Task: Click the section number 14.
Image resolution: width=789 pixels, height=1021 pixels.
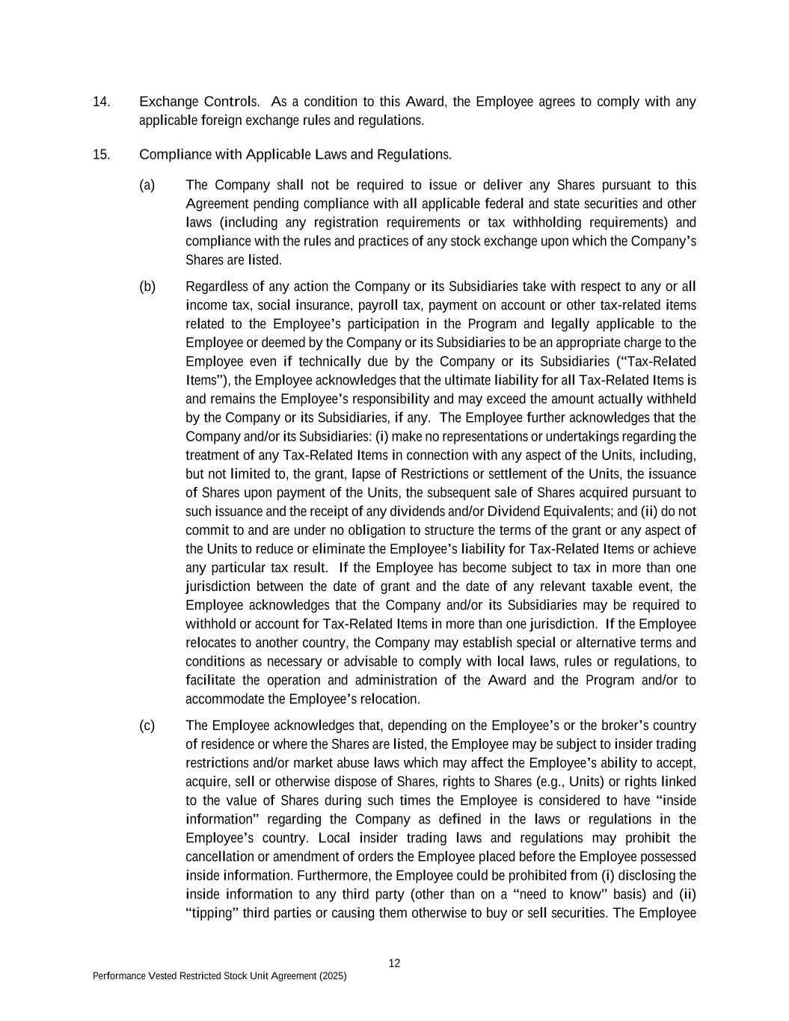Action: [102, 102]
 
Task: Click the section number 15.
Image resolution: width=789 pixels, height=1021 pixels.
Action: [102, 155]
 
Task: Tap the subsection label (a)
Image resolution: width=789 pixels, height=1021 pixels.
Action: [147, 185]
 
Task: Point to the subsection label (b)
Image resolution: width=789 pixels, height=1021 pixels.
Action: [147, 286]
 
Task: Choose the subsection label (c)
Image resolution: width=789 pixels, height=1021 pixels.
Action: [147, 726]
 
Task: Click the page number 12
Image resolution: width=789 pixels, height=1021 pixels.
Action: [394, 963]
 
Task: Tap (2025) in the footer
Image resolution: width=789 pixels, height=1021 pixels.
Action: [331, 976]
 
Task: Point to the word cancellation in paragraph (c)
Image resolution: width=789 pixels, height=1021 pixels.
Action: [218, 856]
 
